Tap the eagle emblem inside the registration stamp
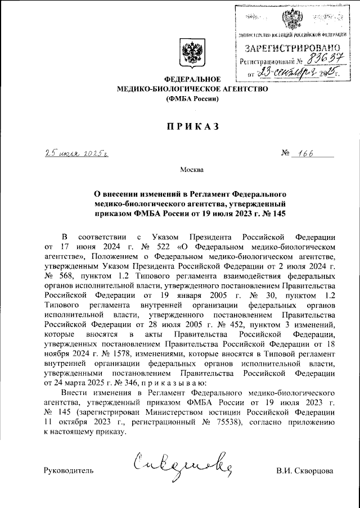point(291,20)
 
